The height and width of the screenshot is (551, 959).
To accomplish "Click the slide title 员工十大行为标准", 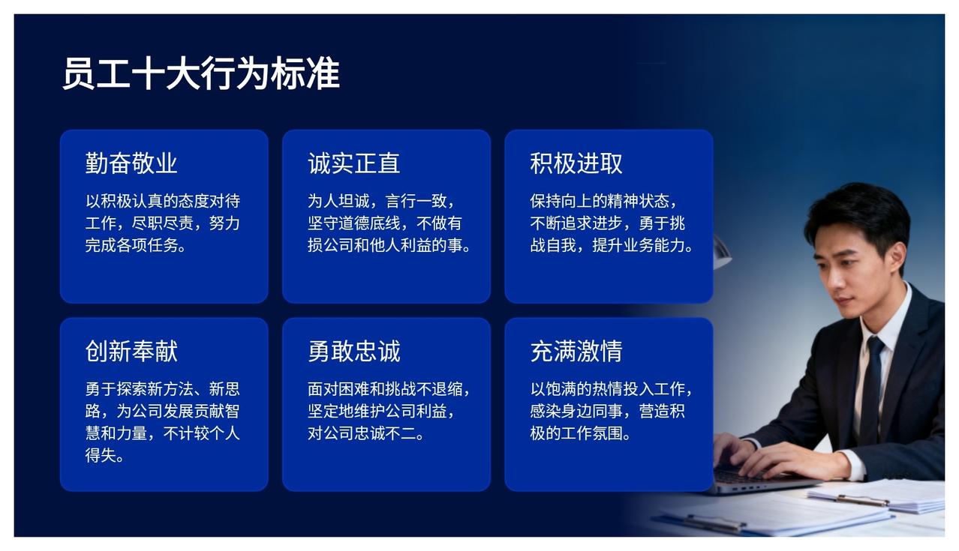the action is coord(201,73).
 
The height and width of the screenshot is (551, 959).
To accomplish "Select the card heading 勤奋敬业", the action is coord(131,163).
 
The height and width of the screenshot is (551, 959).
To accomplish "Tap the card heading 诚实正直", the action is coord(354,163).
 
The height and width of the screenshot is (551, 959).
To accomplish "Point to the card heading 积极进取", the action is coord(576,163).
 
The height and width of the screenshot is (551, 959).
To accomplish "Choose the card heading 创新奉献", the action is coord(131,352).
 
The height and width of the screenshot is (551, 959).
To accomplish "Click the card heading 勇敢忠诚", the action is coord(354,352).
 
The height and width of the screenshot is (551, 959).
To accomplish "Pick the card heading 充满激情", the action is coord(576,352).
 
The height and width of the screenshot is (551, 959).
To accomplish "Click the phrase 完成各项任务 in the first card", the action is coord(131,245).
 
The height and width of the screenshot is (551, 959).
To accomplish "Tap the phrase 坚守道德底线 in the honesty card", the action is coord(354,223).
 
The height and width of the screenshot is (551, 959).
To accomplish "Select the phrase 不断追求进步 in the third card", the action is coord(576,223).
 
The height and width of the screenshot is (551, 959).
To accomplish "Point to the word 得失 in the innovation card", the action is coord(101,455).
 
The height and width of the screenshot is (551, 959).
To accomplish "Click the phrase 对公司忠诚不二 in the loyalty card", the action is coord(362,433).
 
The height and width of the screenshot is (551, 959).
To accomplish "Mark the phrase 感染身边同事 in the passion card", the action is coord(576,411).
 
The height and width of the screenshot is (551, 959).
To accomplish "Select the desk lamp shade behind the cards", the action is coord(721,253).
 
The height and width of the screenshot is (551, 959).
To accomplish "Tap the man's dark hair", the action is coord(861,214).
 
